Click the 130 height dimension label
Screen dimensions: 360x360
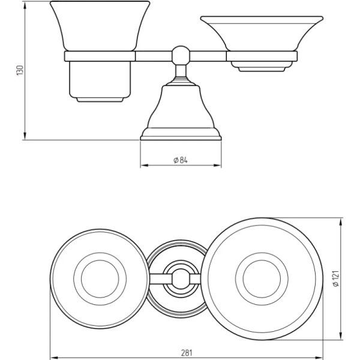20,70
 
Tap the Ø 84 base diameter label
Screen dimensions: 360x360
181,160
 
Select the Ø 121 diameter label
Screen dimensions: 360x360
335,278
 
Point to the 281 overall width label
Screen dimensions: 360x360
187,352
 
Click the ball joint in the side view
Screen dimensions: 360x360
181,55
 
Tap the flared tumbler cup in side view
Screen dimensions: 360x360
100,26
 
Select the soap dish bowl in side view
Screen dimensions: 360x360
262,33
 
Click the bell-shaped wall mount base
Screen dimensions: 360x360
181,113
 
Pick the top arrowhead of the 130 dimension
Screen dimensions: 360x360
25,5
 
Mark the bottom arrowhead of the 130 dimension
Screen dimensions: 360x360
25,136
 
